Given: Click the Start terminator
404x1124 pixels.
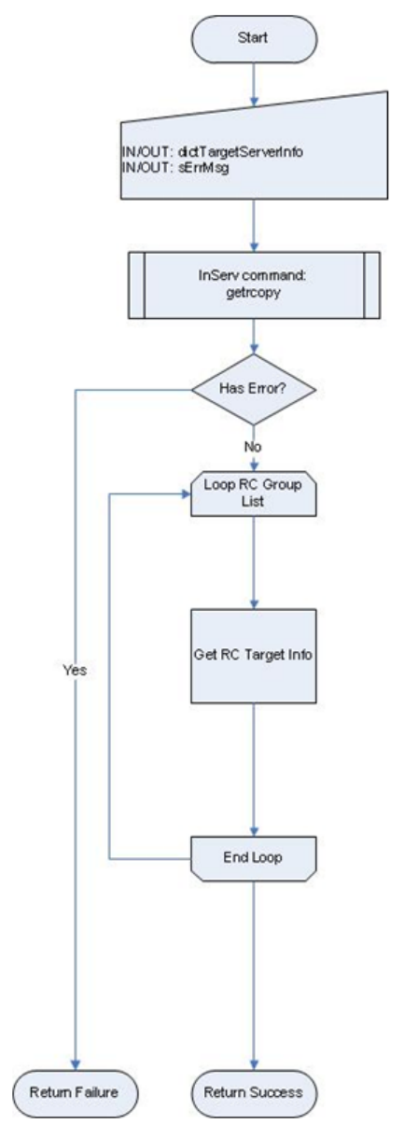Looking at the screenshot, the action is tap(254, 38).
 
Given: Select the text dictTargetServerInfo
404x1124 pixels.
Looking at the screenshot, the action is tap(241, 151).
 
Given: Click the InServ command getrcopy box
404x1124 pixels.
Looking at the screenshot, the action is tap(254, 285).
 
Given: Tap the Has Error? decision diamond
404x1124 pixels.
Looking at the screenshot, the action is tap(254, 389).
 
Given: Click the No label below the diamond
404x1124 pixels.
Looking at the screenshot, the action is tap(253, 447).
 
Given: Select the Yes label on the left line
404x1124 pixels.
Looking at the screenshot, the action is tap(75, 670).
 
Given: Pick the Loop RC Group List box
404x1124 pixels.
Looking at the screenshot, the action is tap(254, 493).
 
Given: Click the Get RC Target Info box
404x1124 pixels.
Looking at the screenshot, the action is tap(254, 656).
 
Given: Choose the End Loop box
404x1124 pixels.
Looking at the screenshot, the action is tap(254, 858).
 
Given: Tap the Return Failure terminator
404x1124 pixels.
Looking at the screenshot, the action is tap(75, 1092).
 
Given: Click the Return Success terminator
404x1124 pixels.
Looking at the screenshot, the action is tap(254, 1092).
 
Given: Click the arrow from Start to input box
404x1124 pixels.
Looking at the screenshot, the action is tap(254, 84).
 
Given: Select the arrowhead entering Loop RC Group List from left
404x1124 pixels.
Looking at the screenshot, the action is tap(187, 494).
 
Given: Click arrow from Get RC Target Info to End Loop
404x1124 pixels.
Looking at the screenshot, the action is tap(254, 770).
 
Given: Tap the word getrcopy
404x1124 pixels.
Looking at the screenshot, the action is tap(254, 293).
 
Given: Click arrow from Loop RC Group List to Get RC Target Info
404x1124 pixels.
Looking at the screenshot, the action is tap(254, 562).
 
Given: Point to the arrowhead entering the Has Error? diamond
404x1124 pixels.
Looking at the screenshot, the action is tap(254, 349).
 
